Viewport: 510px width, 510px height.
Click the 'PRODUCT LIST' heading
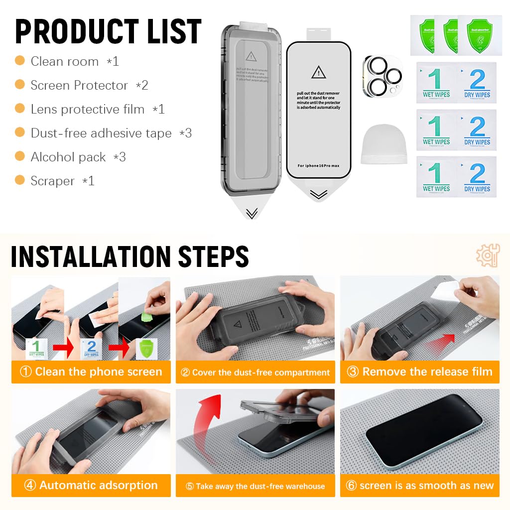pos(108,32)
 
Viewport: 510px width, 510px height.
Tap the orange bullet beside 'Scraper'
pos(20,180)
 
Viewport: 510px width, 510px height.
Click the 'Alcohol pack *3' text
pos(78,157)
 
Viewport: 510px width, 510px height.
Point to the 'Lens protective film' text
pos(88,110)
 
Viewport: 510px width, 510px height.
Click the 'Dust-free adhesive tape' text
pos(101,133)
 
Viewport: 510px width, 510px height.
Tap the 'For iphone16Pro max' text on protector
pos(318,165)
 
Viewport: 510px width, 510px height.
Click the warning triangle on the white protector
pos(318,73)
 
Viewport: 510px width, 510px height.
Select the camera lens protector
pos(382,75)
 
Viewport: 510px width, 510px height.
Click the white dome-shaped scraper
pos(383,144)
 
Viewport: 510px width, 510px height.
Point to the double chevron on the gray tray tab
pos(252,213)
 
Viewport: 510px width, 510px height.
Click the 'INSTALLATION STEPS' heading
pos(129,257)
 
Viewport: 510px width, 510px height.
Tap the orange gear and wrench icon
pos(487,255)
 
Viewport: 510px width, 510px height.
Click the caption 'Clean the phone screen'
pos(91,372)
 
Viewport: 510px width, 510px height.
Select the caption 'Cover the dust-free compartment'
pos(255,373)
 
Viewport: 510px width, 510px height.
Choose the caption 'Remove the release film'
pos(420,372)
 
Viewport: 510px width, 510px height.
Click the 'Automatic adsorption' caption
pos(91,485)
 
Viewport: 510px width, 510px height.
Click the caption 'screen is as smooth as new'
pos(420,486)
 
